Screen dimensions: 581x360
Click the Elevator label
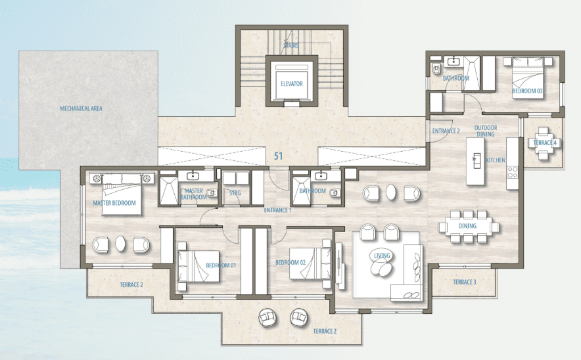pos(292,83)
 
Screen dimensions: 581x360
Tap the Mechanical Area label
pos(81,108)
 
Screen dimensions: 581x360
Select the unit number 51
pos(278,156)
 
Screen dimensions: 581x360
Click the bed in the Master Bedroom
pos(122,194)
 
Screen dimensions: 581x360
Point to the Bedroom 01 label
pos(221,265)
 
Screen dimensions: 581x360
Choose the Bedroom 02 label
pos(290,263)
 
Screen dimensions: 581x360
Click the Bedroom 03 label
pos(527,91)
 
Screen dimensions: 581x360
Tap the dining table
pos(469,226)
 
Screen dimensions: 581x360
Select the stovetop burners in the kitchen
pos(513,172)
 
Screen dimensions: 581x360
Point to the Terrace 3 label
pos(465,282)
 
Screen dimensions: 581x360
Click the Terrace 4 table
pos(544,143)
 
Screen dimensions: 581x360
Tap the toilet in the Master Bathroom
pos(212,192)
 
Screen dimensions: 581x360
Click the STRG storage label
pos(235,193)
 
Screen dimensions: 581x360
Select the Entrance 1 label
pos(277,210)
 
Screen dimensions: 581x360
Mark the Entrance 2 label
pos(446,131)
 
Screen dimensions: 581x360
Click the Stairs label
pos(291,45)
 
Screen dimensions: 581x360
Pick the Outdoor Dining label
pos(486,131)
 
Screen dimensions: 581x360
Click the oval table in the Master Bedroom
pos(120,244)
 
